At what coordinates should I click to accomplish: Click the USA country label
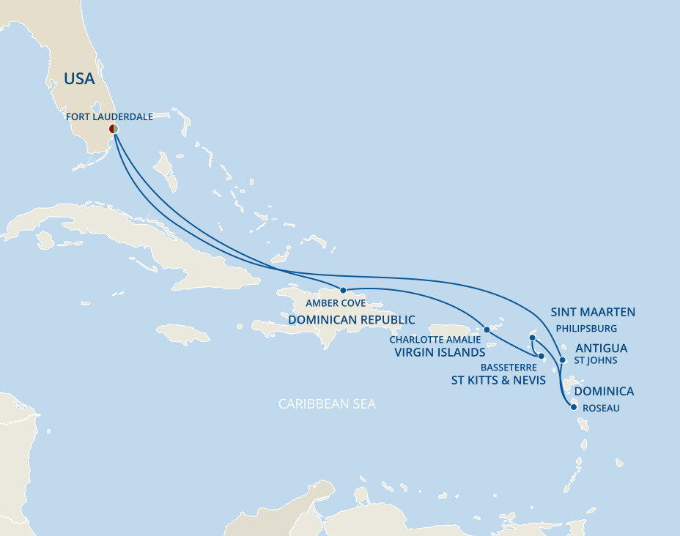[x=79, y=79]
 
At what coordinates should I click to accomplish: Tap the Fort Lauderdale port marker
[x=114, y=129]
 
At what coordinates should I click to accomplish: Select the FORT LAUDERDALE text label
[x=109, y=116]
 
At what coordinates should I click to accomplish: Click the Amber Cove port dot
[x=343, y=290]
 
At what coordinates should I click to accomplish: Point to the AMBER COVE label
[x=336, y=303]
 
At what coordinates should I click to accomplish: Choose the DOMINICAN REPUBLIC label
[x=351, y=320]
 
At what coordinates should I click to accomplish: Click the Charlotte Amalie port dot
[x=487, y=330]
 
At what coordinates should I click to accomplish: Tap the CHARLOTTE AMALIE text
[x=435, y=340]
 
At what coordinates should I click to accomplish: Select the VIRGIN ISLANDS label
[x=440, y=352]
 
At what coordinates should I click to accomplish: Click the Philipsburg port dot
[x=532, y=338]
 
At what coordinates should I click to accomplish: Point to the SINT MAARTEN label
[x=593, y=312]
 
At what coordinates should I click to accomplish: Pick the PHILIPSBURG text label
[x=586, y=329]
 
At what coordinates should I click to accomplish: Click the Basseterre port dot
[x=541, y=357]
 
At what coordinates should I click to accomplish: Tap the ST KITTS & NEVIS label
[x=498, y=380]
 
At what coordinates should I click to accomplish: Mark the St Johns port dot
[x=562, y=360]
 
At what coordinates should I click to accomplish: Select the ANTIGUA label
[x=601, y=348]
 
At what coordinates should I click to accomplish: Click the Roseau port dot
[x=573, y=407]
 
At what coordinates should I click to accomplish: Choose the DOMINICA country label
[x=604, y=392]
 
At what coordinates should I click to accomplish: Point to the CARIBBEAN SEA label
[x=327, y=404]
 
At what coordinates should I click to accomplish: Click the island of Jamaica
[x=182, y=334]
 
